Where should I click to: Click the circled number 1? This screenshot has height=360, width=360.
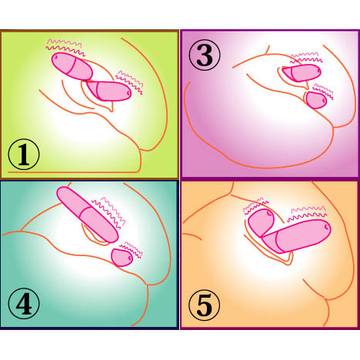pyautogui.click(x=24, y=155)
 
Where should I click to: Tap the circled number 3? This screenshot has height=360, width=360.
pyautogui.click(x=205, y=55)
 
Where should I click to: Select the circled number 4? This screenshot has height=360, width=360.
pyautogui.click(x=24, y=303)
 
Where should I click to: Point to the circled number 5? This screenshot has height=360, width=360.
pyautogui.click(x=205, y=305)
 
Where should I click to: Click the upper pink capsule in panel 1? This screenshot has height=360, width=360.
pyautogui.click(x=72, y=66)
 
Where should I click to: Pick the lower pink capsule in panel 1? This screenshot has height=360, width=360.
pyautogui.click(x=109, y=91)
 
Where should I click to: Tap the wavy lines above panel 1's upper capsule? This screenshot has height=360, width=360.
pyautogui.click(x=65, y=47)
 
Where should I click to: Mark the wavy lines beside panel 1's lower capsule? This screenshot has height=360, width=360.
pyautogui.click(x=129, y=82)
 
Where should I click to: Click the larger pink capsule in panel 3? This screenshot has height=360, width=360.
pyautogui.click(x=302, y=73)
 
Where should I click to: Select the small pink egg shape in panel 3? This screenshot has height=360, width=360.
pyautogui.click(x=317, y=100)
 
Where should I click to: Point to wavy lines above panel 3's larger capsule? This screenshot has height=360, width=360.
pyautogui.click(x=306, y=58)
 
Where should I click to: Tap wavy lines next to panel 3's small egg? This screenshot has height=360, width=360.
pyautogui.click(x=323, y=92)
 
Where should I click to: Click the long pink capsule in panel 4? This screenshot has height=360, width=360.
pyautogui.click(x=88, y=215)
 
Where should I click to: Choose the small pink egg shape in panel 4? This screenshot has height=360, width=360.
pyautogui.click(x=122, y=258)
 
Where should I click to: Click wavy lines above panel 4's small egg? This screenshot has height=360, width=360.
pyautogui.click(x=132, y=250)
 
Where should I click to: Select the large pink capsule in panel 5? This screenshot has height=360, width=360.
pyautogui.click(x=296, y=236)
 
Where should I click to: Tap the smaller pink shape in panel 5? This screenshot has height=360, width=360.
pyautogui.click(x=261, y=222)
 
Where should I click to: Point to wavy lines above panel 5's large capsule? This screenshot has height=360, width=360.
pyautogui.click(x=307, y=213)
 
